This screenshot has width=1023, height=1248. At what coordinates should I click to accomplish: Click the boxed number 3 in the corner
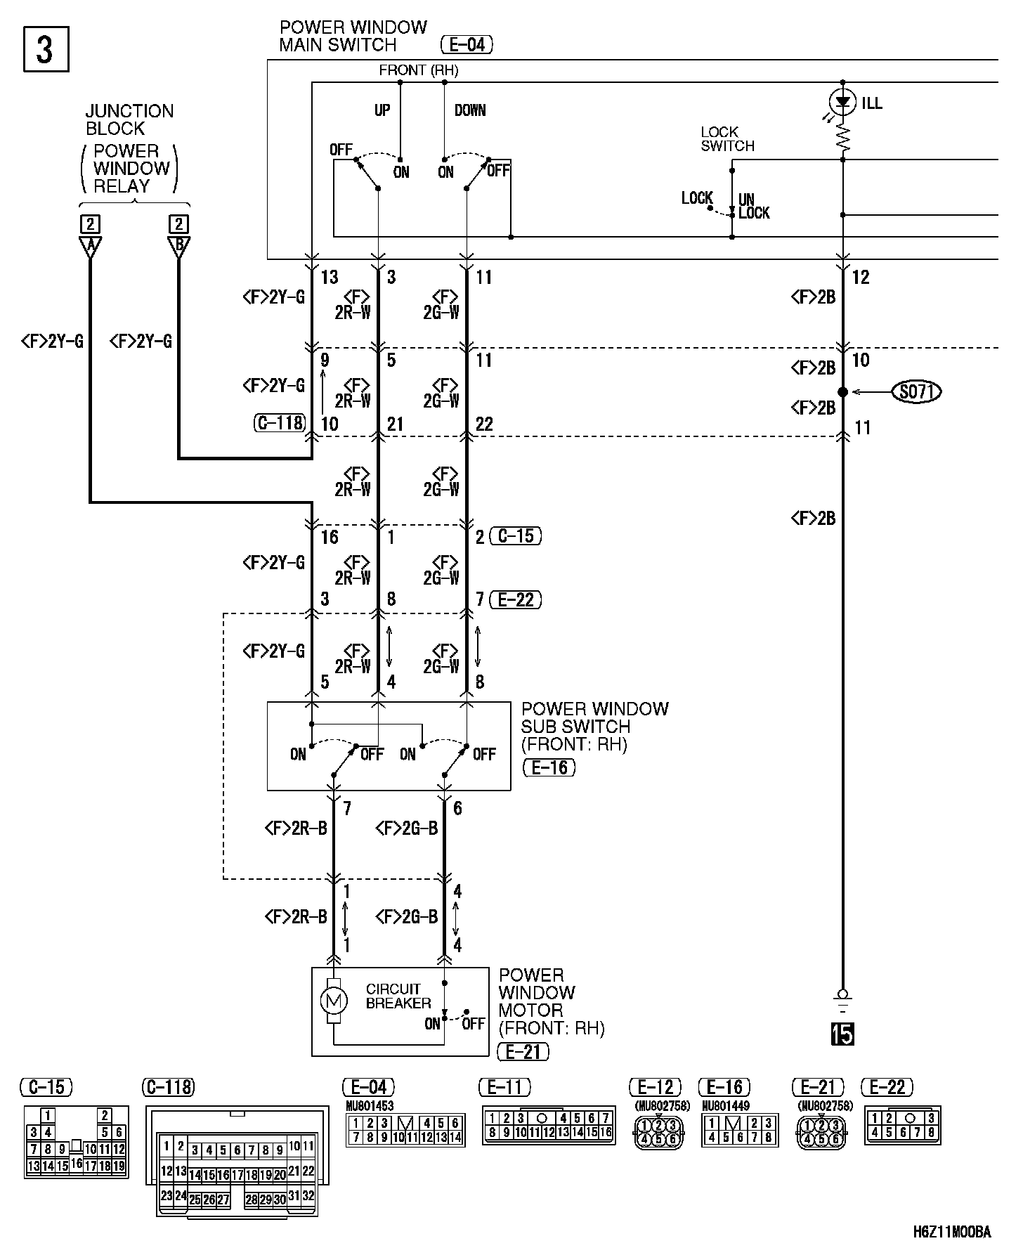tap(46, 49)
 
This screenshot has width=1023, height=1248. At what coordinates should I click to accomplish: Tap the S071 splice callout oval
tap(916, 391)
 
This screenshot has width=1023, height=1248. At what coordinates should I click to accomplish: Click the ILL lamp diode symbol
tap(842, 103)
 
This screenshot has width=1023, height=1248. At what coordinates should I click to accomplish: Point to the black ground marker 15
tap(842, 1034)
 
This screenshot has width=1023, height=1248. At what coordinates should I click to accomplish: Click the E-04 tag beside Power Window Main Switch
tap(467, 45)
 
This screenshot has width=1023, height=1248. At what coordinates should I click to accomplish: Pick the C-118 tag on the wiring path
tap(279, 422)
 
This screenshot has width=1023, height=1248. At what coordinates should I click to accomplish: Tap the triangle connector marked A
tap(90, 247)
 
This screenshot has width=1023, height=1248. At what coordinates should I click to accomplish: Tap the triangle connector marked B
tap(178, 247)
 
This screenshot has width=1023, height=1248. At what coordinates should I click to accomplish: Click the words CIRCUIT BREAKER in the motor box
tap(398, 996)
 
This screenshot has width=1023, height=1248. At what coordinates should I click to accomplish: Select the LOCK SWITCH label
tap(727, 139)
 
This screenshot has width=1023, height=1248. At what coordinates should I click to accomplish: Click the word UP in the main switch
tap(382, 110)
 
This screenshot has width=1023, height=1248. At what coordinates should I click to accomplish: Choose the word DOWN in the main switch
tap(470, 110)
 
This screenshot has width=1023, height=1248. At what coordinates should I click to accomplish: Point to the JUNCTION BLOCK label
tap(129, 119)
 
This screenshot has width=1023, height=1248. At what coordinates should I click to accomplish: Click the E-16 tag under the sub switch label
tap(549, 767)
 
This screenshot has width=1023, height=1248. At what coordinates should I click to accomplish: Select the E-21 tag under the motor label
tap(523, 1051)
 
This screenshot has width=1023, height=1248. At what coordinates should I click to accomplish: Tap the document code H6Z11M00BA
tap(951, 1231)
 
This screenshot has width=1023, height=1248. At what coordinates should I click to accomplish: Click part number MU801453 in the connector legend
tap(370, 1105)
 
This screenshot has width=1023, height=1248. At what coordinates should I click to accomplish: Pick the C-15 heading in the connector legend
tap(46, 1087)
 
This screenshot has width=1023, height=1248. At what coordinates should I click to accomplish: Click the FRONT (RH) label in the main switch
tap(418, 70)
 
